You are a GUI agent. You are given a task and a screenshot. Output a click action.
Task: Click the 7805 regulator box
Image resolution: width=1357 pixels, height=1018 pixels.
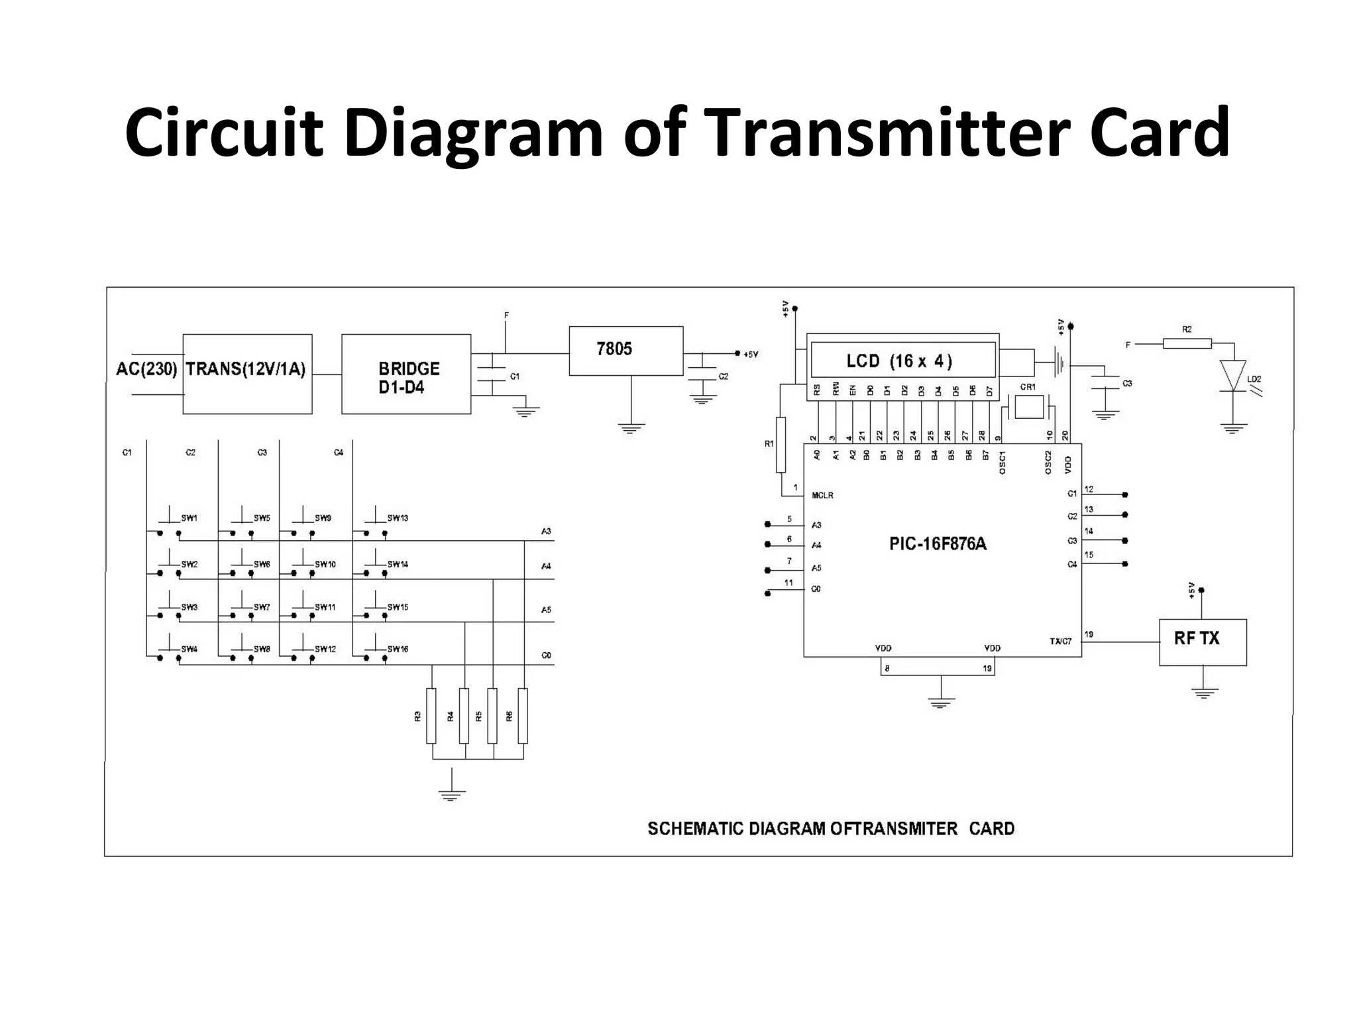[x=625, y=351]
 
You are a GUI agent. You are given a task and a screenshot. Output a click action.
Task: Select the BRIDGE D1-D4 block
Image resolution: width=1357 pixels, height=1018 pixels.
[x=406, y=374]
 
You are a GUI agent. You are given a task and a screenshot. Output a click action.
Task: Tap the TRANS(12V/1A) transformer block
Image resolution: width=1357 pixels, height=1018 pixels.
[x=247, y=374]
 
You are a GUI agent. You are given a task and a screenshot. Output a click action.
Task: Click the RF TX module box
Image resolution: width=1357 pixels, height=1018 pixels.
[x=1202, y=642]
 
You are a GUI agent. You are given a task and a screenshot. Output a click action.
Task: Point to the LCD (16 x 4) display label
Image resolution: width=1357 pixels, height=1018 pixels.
[x=900, y=361]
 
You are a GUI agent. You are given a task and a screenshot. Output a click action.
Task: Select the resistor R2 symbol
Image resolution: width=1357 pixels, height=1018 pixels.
[x=1187, y=343]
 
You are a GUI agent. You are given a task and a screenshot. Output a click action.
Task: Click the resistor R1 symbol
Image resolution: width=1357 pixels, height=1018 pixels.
[x=781, y=445]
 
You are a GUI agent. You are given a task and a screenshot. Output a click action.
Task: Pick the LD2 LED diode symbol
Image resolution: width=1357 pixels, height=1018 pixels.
[x=1233, y=376]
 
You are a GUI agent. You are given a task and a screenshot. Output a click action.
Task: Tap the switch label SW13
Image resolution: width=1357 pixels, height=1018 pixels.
[x=398, y=518]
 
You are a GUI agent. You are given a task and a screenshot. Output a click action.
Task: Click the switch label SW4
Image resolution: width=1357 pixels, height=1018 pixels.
[x=190, y=650]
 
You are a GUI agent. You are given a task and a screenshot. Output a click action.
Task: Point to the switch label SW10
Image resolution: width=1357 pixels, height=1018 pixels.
[x=325, y=565]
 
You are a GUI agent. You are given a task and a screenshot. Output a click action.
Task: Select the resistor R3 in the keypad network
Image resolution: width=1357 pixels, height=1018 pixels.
[x=431, y=716]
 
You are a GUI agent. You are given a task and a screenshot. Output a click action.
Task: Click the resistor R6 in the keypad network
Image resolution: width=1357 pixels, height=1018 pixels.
[x=523, y=716]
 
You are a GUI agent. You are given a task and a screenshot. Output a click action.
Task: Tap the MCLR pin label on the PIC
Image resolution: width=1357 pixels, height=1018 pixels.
[x=822, y=496]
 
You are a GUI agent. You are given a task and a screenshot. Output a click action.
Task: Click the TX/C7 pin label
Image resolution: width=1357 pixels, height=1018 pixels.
[x=1060, y=642]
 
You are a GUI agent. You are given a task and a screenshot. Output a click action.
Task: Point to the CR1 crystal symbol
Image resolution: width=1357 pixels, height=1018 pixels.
[x=1028, y=406]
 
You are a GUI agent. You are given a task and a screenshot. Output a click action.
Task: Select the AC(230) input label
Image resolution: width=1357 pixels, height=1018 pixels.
[x=146, y=369]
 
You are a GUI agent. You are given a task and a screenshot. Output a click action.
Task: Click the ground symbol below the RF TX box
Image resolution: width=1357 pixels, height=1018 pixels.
[x=1203, y=693]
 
